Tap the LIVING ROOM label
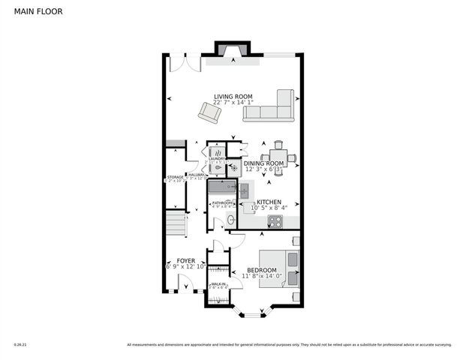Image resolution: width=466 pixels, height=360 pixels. (x=233, y=96)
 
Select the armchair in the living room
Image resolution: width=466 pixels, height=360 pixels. (x=209, y=113)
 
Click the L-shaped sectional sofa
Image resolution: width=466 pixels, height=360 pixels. (x=273, y=108)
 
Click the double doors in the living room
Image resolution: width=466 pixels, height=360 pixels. (x=185, y=64)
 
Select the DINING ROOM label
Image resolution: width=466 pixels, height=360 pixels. (x=263, y=163)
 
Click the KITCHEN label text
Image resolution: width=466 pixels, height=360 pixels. (x=269, y=202)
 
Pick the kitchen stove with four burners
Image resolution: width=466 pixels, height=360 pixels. (x=275, y=221)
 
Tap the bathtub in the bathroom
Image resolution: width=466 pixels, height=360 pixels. (x=221, y=188)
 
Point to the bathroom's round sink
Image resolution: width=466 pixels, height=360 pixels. (x=231, y=220)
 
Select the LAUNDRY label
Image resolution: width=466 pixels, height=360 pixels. (x=218, y=159)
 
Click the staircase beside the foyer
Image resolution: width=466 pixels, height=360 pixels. (x=175, y=224)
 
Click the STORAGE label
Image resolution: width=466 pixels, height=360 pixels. (x=176, y=177)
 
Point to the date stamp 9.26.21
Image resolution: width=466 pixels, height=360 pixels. (x=20, y=345)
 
